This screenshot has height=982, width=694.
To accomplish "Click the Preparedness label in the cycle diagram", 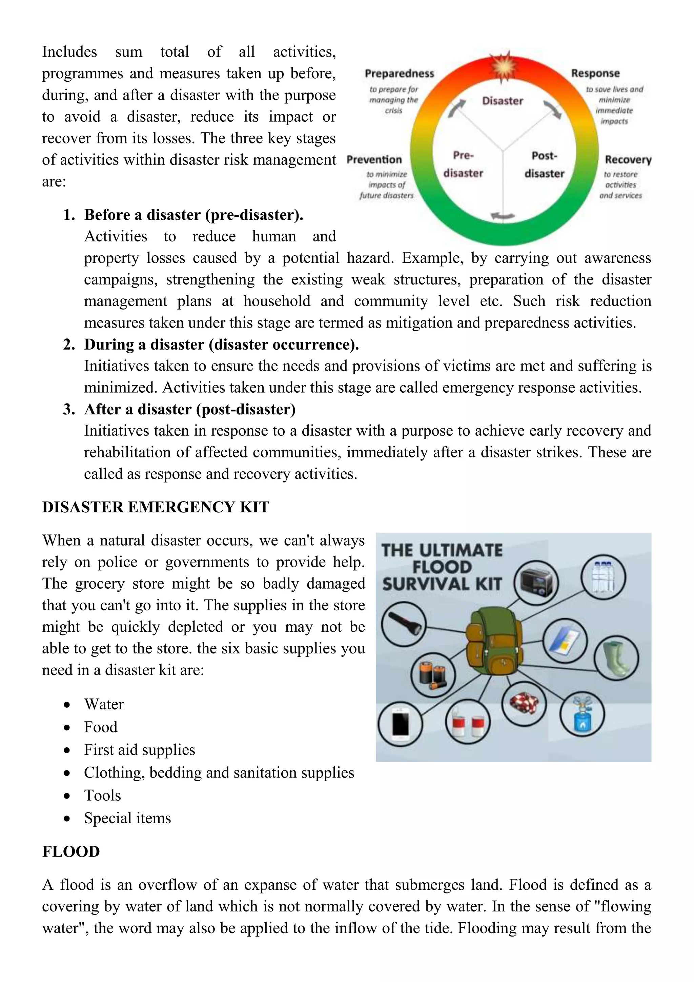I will click(x=399, y=74).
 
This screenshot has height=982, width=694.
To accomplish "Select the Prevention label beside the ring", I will click(x=374, y=159).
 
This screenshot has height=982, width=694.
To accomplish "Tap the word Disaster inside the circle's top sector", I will click(x=503, y=101).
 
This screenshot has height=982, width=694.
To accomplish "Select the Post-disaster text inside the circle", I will click(x=545, y=165).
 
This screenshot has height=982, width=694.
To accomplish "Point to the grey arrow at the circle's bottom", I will click(x=503, y=216).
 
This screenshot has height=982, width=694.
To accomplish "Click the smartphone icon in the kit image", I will click(x=401, y=724).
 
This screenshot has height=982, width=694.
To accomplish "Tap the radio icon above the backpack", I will click(x=536, y=583).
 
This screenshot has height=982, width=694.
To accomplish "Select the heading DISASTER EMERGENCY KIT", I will click(x=156, y=507).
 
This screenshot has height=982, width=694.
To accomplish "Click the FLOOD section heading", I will click(x=71, y=851).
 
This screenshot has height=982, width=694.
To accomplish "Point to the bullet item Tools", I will click(x=103, y=795).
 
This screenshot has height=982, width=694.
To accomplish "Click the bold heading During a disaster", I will click(x=221, y=344).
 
